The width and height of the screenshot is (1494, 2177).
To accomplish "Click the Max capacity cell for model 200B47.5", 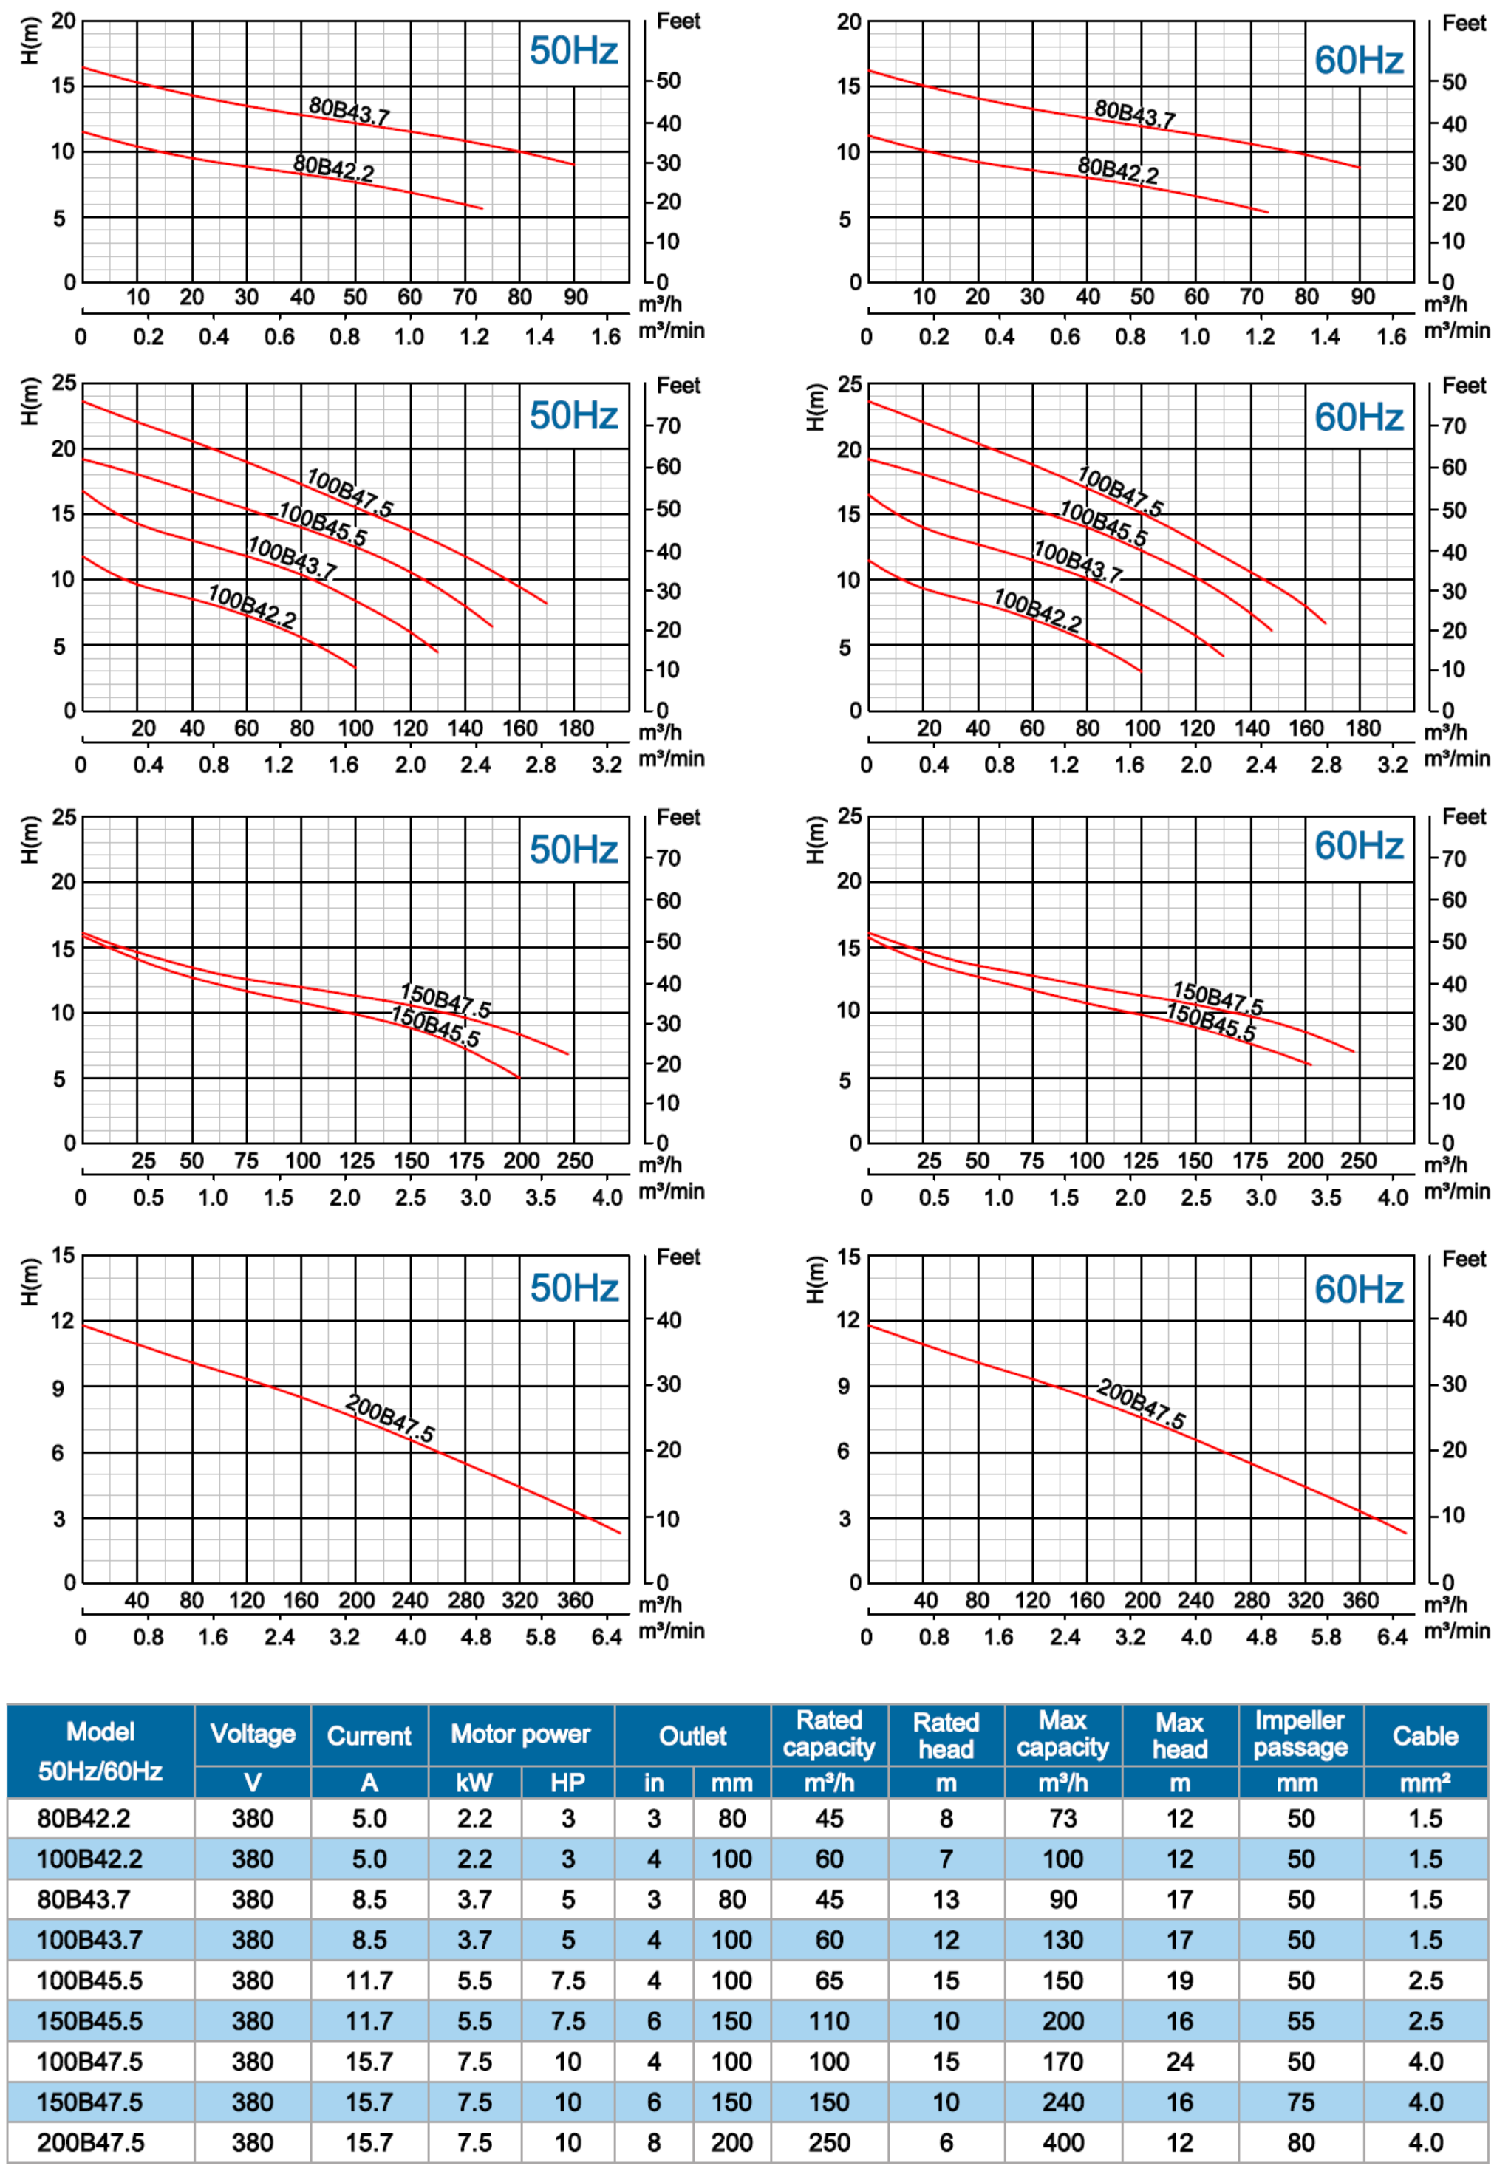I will click(1062, 2142).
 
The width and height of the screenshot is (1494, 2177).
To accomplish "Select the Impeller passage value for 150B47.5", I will click(1300, 2102).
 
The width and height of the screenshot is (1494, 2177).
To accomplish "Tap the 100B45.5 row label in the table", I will click(90, 1981).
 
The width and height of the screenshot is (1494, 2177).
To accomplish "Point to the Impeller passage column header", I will click(1300, 1734).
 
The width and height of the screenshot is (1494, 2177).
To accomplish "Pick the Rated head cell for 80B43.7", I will click(945, 1899).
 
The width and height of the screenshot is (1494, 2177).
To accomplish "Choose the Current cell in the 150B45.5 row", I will click(369, 2020).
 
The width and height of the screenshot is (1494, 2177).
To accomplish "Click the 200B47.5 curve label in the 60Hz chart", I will click(1141, 1404).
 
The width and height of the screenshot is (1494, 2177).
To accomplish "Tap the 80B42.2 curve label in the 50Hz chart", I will click(333, 168).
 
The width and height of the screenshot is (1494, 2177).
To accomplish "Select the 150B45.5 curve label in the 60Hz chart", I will click(1210, 1022).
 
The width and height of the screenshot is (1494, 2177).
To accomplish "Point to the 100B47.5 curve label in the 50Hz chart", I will click(349, 493).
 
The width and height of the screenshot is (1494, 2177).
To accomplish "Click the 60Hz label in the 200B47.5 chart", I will click(1358, 1290).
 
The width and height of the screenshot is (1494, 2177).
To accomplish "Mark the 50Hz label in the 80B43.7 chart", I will click(573, 50).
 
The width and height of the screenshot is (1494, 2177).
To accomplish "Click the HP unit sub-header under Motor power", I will click(567, 1783).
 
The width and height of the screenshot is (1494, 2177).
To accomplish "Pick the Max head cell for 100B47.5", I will click(1179, 2062).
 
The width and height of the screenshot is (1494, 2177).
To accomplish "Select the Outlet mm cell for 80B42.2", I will click(731, 1818).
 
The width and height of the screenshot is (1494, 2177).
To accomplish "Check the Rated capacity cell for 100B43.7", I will click(829, 1940).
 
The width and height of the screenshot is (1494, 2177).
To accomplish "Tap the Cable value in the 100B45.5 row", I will click(1425, 1981).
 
